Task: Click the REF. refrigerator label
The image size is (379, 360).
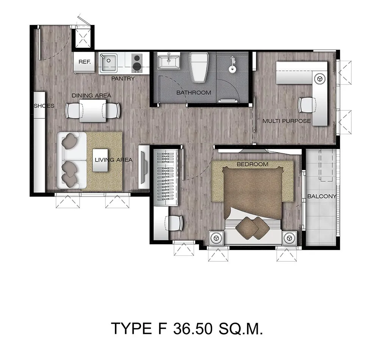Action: tap(85, 62)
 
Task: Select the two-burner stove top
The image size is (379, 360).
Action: tap(137, 63)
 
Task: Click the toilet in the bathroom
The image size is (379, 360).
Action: tap(199, 67)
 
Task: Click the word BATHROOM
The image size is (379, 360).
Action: tap(194, 93)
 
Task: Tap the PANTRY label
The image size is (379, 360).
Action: tap(123, 79)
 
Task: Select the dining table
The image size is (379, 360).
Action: tap(93, 110)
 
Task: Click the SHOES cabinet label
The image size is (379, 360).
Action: tap(44, 106)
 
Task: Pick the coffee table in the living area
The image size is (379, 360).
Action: tap(100, 160)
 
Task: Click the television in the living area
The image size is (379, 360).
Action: tap(143, 167)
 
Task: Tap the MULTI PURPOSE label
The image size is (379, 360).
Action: tap(287, 121)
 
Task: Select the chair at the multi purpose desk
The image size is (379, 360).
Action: tap(307, 105)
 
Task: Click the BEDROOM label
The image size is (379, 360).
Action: tap(252, 164)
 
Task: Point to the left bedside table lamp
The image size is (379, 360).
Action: tap(216, 238)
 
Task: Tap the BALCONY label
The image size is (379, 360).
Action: tap(322, 196)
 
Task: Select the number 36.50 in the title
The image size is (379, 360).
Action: tap(193, 329)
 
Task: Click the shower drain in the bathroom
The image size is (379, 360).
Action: tap(232, 69)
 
